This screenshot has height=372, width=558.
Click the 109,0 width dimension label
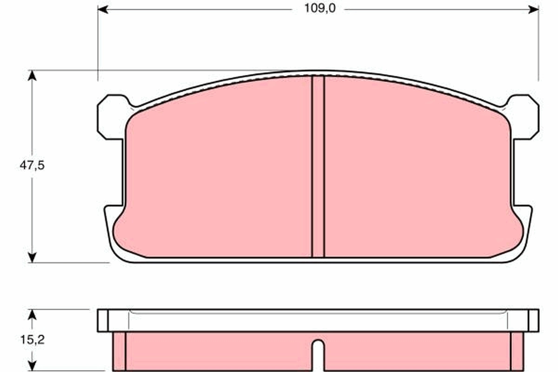(x=318, y=8)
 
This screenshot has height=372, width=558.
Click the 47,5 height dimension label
(x=32, y=166)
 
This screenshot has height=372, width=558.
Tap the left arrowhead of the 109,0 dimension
(x=103, y=9)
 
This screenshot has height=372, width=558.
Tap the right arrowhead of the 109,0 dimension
(x=534, y=9)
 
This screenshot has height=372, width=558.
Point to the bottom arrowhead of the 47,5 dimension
(x=32, y=257)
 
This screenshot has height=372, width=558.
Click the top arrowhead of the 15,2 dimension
(x=32, y=314)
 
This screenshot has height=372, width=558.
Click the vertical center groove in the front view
(x=318, y=167)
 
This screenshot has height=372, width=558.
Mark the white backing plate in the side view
(x=318, y=321)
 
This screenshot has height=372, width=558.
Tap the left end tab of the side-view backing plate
(x=103, y=321)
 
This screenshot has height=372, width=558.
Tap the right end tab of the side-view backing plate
(x=533, y=321)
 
